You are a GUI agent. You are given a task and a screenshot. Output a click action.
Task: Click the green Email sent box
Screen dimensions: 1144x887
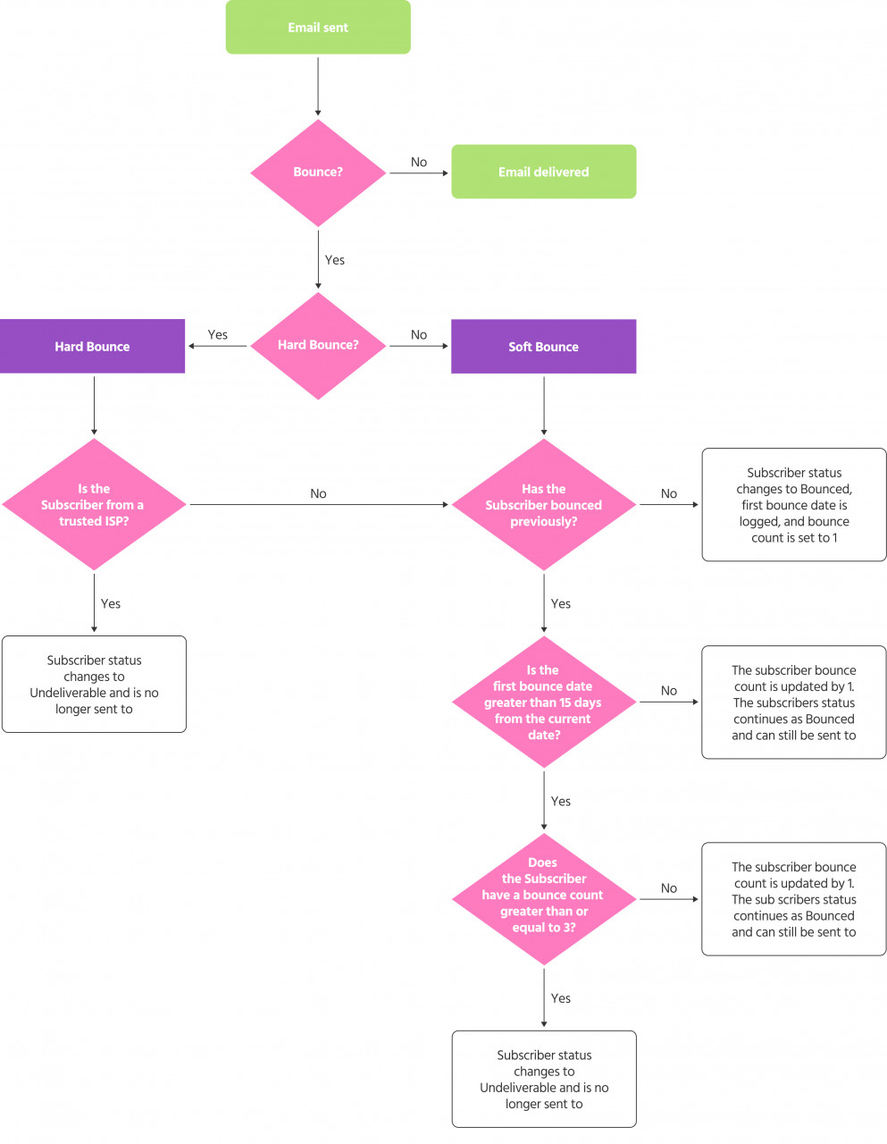318,28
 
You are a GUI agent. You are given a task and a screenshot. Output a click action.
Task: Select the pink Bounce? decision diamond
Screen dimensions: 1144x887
318,172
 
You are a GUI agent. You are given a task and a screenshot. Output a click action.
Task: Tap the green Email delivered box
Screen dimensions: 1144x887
543,172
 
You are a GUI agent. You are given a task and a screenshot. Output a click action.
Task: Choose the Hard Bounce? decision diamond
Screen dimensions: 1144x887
318,345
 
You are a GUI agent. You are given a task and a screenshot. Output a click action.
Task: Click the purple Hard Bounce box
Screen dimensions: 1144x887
92,346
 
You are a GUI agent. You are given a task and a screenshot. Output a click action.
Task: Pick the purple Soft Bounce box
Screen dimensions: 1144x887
543,346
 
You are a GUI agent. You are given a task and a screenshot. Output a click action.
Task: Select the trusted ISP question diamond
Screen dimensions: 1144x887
94,504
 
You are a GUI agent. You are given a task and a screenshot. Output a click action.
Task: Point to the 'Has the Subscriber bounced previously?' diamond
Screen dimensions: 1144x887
543,504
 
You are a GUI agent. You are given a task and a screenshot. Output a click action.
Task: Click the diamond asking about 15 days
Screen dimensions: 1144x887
543,702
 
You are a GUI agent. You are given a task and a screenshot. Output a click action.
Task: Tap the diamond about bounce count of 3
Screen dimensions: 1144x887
543,898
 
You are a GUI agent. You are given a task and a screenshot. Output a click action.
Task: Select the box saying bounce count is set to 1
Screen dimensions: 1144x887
793,505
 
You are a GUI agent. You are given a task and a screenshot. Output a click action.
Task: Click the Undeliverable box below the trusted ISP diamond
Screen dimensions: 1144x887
94,684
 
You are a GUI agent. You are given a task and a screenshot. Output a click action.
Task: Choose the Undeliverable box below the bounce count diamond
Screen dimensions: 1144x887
543,1079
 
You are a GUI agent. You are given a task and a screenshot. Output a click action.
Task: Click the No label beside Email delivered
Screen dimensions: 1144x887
419,162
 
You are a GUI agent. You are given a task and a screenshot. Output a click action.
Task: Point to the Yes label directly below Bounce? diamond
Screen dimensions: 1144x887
335,260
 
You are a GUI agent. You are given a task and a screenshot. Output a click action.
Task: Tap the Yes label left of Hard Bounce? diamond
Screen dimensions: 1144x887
218,334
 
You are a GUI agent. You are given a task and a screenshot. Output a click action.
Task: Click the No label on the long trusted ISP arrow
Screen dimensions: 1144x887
318,493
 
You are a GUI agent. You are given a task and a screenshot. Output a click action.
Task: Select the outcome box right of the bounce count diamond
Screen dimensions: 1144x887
793,899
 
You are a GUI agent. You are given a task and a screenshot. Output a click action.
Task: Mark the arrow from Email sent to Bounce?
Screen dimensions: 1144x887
318,87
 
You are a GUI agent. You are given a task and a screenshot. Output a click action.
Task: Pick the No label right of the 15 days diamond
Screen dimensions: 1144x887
669,691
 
